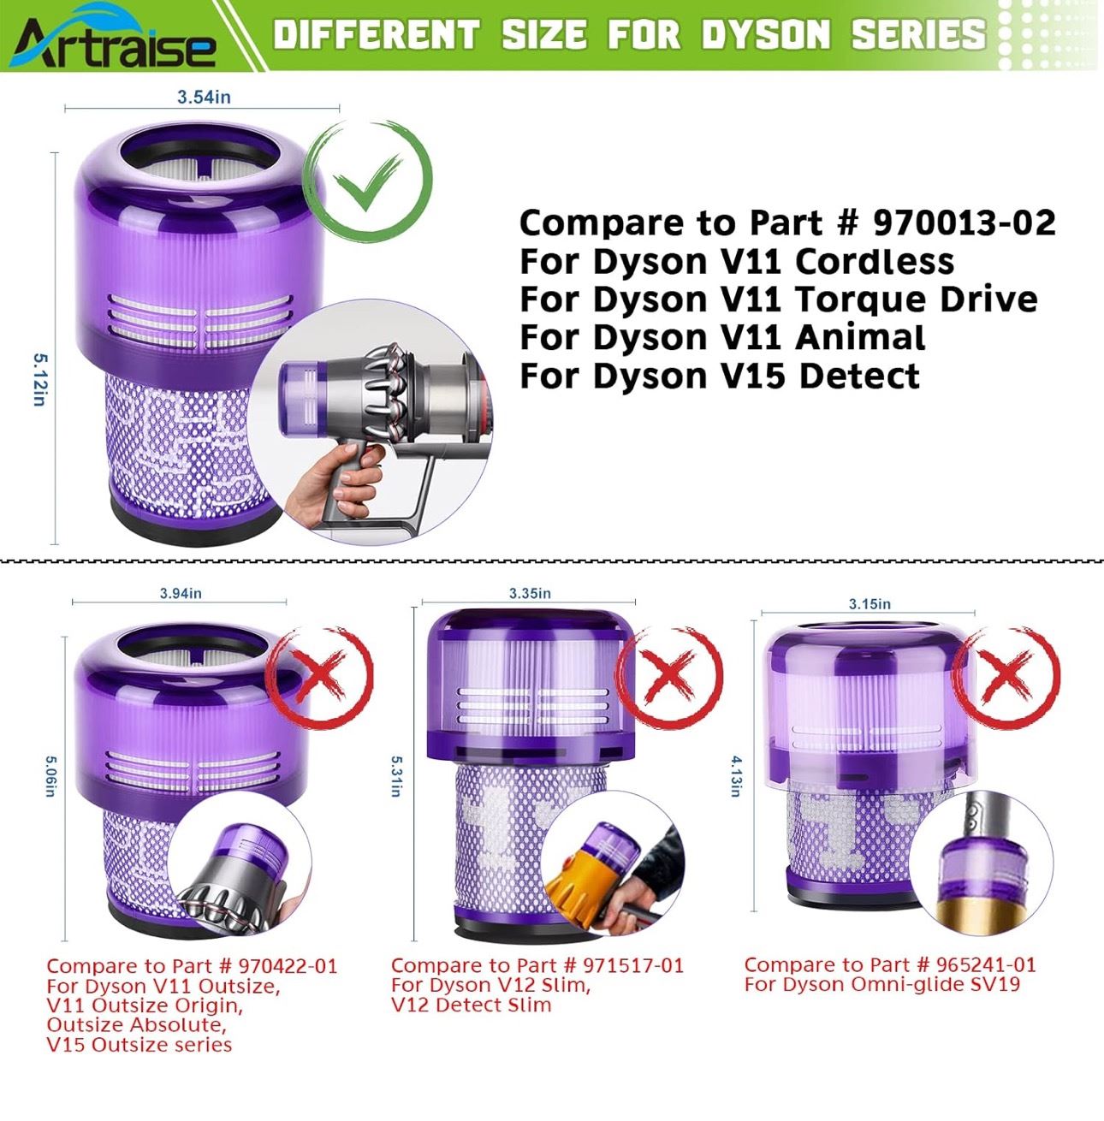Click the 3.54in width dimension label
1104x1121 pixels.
[x=205, y=98]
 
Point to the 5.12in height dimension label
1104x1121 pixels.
[x=39, y=380]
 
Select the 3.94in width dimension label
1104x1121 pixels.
[x=181, y=593]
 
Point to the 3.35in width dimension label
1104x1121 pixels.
[x=530, y=593]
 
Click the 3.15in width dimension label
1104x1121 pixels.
[x=870, y=604]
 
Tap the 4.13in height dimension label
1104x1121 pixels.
[x=737, y=776]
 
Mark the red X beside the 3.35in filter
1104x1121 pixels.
[x=669, y=675]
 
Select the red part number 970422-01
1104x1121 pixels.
[x=288, y=966]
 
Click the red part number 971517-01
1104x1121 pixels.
[x=633, y=965]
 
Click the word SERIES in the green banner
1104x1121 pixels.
[x=919, y=35]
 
